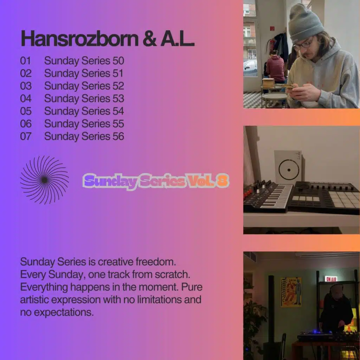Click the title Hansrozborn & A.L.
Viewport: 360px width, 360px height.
click(x=107, y=39)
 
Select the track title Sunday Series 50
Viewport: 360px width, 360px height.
click(x=84, y=61)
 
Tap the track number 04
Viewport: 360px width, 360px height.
click(x=26, y=99)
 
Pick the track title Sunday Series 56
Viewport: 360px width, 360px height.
click(x=84, y=136)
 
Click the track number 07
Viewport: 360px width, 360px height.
click(x=26, y=136)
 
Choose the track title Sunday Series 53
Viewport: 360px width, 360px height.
click(x=84, y=99)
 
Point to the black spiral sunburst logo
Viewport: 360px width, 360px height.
click(x=44, y=180)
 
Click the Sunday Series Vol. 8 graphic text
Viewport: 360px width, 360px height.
click(x=156, y=181)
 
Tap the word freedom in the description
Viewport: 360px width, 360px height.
click(x=155, y=262)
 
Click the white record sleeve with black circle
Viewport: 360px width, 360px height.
click(x=288, y=167)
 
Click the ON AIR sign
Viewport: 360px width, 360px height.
click(x=330, y=278)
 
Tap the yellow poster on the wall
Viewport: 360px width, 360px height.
click(x=291, y=292)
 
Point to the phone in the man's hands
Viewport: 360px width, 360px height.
click(x=286, y=86)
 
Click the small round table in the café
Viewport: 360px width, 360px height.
click(x=275, y=97)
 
